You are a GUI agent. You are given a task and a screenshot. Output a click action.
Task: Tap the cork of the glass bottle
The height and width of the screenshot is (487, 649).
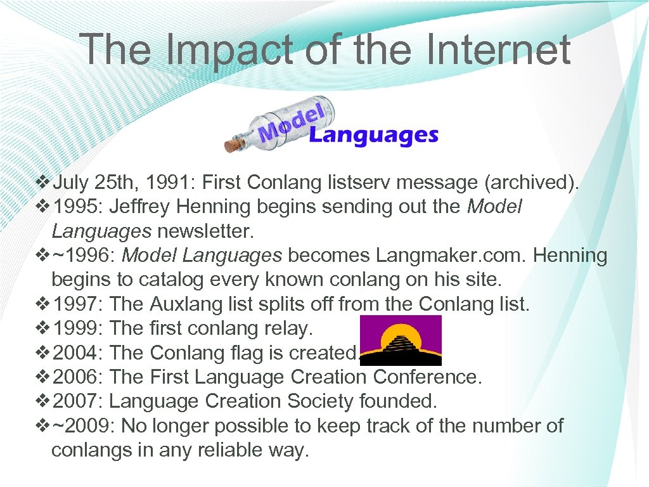234,145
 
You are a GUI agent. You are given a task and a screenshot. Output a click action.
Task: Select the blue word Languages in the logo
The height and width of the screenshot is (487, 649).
373,135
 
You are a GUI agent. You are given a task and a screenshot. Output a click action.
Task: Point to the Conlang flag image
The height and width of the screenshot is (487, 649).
400,341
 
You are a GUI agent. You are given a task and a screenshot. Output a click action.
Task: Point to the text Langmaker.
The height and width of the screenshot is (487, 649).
419,256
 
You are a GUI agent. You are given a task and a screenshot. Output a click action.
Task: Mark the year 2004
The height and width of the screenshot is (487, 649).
78,353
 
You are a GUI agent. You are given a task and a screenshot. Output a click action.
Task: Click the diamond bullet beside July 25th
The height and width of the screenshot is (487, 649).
42,183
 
